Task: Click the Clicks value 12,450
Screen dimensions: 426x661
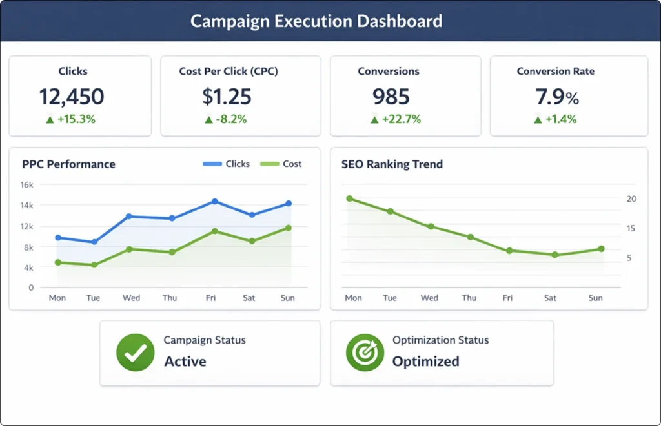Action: coord(71,97)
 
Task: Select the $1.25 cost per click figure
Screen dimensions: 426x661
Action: coord(227,97)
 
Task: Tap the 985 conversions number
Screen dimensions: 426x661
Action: coord(391,97)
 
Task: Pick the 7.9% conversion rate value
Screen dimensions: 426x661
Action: coord(557,97)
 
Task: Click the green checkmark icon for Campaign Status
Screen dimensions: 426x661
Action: coord(135,353)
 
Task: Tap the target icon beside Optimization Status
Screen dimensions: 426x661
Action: coord(365,353)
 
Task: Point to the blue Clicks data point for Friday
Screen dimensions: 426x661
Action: coord(215,202)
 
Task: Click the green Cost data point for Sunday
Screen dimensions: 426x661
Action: coord(288,228)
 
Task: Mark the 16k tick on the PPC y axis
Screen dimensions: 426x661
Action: coord(26,184)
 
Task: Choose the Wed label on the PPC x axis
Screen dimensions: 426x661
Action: coord(131,298)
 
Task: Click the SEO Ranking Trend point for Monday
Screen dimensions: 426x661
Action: coord(349,198)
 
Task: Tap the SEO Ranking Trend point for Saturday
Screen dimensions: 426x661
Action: coord(554,255)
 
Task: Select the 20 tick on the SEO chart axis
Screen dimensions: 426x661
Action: coord(631,199)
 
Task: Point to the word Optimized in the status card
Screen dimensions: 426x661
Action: coord(425,361)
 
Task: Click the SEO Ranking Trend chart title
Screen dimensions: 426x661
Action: coord(392,164)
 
